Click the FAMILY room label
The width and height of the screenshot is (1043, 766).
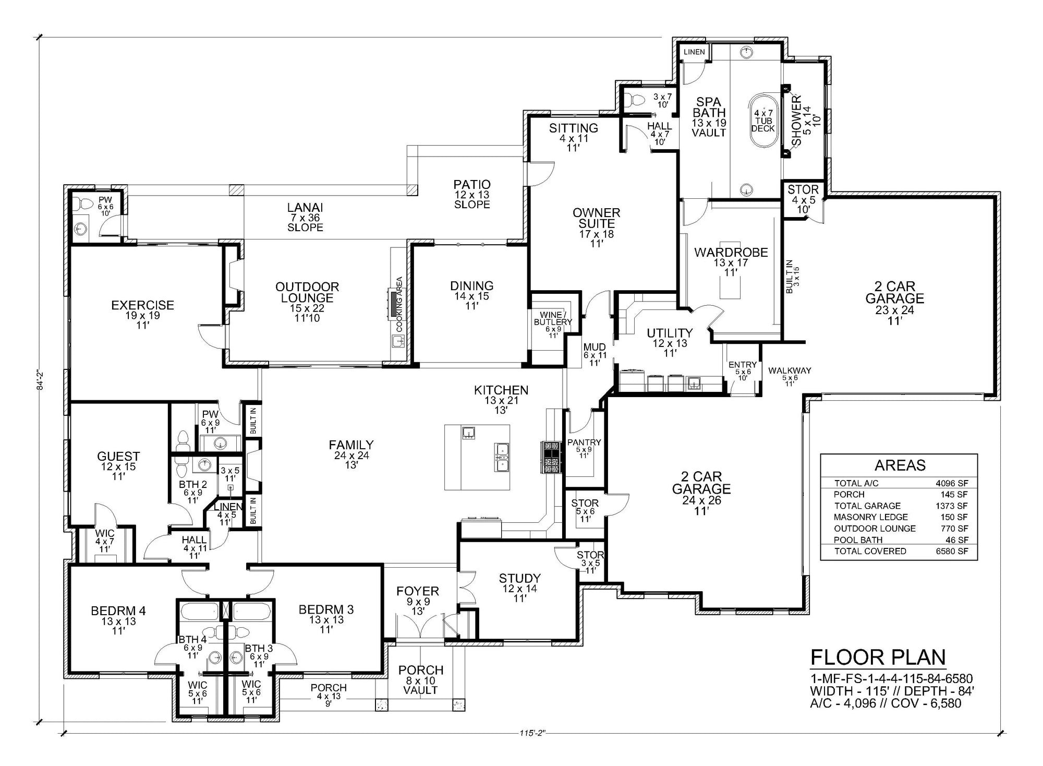(x=351, y=445)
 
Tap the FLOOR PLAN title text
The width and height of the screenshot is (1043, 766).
(x=878, y=657)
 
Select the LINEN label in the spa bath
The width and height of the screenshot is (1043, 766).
(x=694, y=52)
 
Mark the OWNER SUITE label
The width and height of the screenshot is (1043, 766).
(x=597, y=218)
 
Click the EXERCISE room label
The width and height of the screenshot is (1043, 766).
(x=142, y=305)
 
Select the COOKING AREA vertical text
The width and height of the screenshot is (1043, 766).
(x=399, y=305)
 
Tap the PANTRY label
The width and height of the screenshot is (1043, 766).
(x=584, y=442)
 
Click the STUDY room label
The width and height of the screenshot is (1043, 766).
(x=519, y=578)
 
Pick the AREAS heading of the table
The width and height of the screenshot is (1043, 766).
(x=900, y=465)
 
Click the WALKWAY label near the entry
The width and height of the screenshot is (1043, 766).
(x=790, y=370)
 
